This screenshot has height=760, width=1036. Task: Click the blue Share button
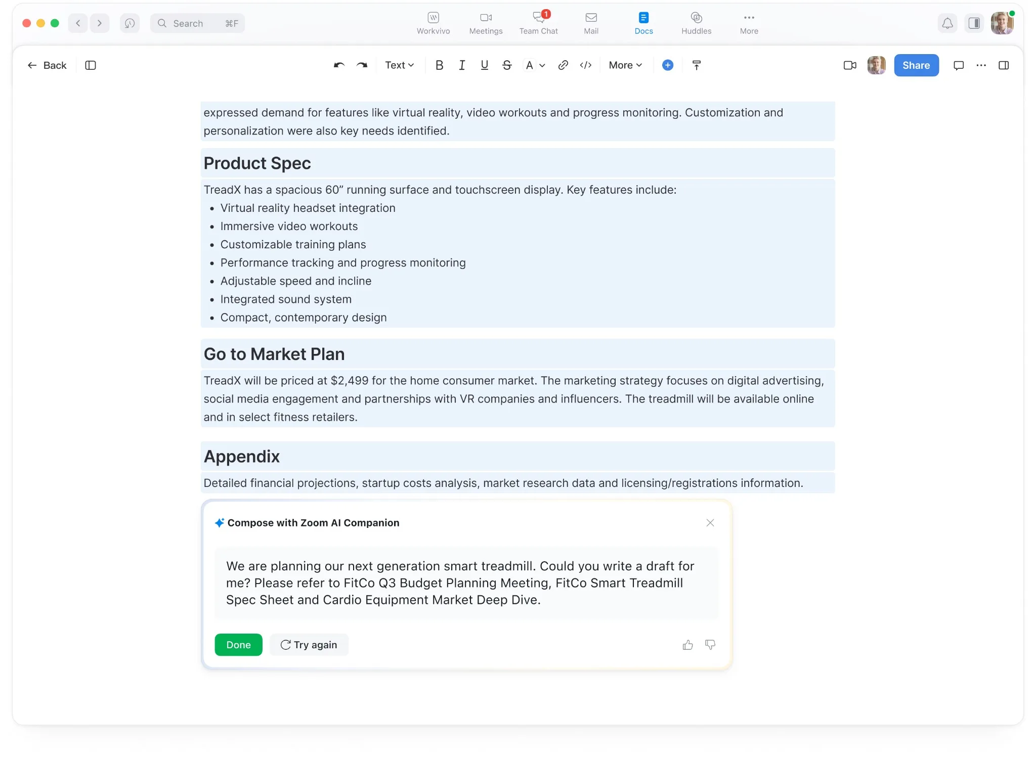(916, 65)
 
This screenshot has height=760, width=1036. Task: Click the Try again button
(309, 645)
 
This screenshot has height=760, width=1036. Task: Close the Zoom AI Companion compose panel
(710, 523)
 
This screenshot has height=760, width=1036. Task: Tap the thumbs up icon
(687, 645)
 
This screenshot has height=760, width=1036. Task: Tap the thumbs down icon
(710, 645)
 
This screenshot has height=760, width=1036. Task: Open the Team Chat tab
(538, 23)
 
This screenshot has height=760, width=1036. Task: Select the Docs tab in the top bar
(643, 23)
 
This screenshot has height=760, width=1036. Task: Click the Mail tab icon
(591, 18)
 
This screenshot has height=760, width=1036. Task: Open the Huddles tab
(696, 23)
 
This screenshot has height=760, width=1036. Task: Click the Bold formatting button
(439, 65)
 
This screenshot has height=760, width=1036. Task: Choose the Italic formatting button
(461, 65)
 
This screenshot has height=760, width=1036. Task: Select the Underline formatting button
(484, 65)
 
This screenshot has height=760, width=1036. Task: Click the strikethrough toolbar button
(507, 65)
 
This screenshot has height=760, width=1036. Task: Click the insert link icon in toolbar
(563, 65)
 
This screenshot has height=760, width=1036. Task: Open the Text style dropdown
(399, 65)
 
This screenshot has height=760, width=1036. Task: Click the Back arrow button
(47, 65)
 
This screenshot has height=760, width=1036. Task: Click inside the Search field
(197, 23)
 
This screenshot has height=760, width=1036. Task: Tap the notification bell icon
(947, 23)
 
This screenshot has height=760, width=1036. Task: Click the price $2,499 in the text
(350, 381)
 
